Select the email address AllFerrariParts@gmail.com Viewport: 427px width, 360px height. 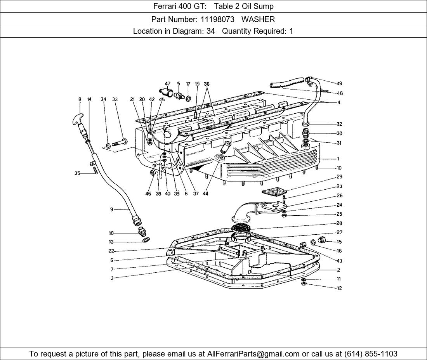(253, 353)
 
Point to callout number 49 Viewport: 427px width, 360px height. (339, 83)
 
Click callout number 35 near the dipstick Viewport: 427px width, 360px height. (77, 173)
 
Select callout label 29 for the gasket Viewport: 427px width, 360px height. (339, 177)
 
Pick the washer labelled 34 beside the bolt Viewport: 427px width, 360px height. (108, 146)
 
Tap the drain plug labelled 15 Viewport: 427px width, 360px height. (322, 240)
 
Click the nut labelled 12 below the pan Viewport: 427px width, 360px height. (304, 284)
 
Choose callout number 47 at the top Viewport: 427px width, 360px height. (167, 84)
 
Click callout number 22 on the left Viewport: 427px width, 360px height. (111, 251)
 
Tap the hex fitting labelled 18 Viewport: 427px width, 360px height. (142, 232)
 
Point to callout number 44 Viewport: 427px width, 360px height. (205, 194)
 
